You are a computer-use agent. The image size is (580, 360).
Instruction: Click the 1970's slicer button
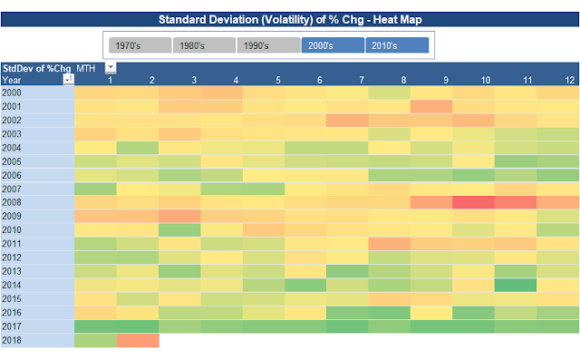pyautogui.click(x=140, y=45)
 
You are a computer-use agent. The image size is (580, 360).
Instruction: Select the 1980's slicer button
pyautogui.click(x=204, y=45)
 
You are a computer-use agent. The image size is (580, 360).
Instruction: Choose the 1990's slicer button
pyautogui.click(x=268, y=45)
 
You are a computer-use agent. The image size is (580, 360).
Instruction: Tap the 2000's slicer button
pyautogui.click(x=333, y=45)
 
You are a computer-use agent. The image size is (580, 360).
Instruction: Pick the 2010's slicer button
pyautogui.click(x=396, y=45)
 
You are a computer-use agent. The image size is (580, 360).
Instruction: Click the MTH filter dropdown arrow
pyautogui.click(x=111, y=68)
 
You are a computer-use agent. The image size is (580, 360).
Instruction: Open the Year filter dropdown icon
pyautogui.click(x=68, y=80)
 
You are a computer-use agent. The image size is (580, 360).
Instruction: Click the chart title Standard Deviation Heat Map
pyautogui.click(x=290, y=18)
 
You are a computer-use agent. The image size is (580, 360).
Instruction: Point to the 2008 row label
pyautogui.click(x=13, y=203)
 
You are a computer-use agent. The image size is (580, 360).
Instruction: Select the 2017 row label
pyautogui.click(x=13, y=326)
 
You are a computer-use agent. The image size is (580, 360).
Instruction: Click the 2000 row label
pyautogui.click(x=13, y=93)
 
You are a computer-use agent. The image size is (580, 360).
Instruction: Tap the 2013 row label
pyautogui.click(x=13, y=271)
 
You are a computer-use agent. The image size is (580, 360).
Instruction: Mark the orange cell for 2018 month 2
pyautogui.click(x=138, y=340)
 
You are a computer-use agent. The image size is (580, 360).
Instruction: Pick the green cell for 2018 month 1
pyautogui.click(x=95, y=340)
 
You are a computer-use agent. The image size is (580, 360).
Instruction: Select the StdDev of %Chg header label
pyautogui.click(x=36, y=68)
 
